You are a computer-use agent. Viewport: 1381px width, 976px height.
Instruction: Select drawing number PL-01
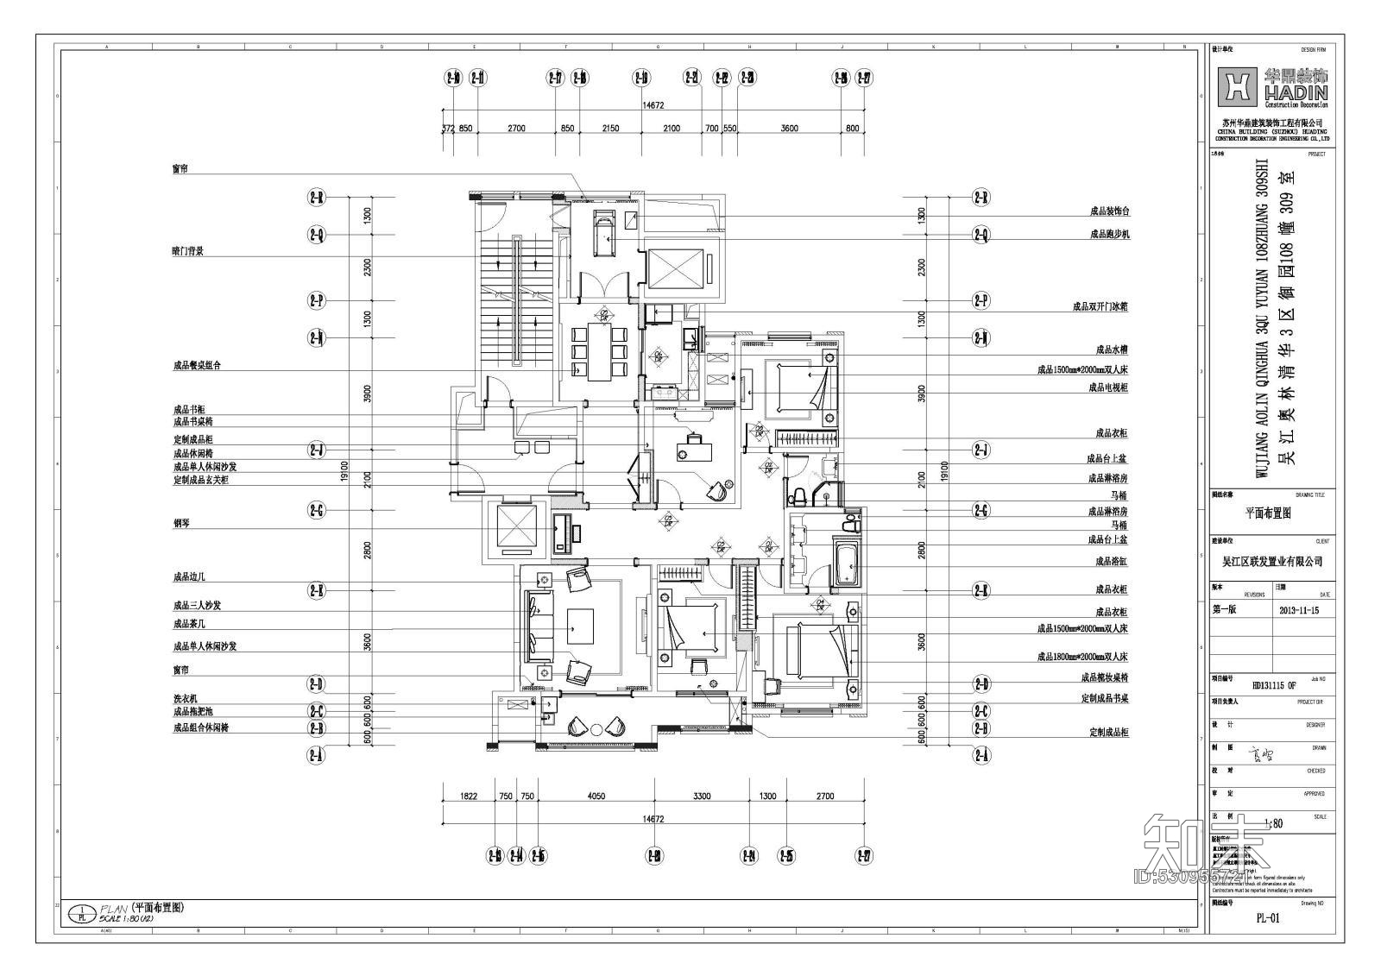coord(1267,918)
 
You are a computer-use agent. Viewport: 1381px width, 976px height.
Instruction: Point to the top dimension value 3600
coord(789,129)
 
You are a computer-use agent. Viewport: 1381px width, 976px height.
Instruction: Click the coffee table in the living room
coord(580,625)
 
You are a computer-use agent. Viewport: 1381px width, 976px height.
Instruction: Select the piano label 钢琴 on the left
coord(180,524)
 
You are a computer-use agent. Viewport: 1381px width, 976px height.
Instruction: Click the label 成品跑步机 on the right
coord(1109,234)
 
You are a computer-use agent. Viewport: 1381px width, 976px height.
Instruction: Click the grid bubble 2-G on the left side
coord(317,511)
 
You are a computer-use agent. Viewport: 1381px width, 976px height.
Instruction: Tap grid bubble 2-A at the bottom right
coord(981,756)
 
